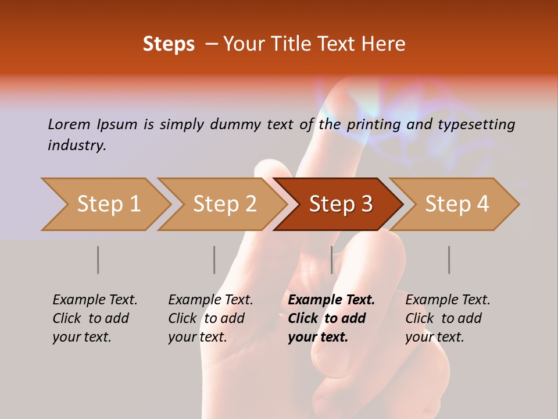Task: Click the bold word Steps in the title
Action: pos(169,44)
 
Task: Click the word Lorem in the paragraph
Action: pos(69,124)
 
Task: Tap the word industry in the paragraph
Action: pos(77,145)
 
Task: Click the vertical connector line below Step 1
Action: pos(98,260)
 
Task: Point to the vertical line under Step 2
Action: pos(214,260)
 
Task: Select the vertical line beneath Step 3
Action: pos(331,260)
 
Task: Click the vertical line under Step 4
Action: pos(449,260)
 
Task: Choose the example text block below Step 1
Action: pos(94,318)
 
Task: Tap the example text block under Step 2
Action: pos(210,318)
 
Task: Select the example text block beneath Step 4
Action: pos(447,318)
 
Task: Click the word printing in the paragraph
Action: pos(371,124)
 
